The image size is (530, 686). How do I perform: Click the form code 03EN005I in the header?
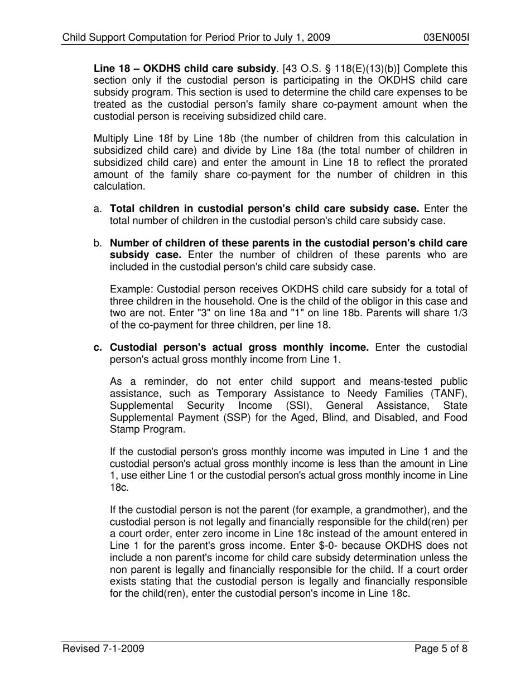446,38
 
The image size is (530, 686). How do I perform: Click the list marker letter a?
97,209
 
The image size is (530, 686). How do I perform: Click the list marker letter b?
97,244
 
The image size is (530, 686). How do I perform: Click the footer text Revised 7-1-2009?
104,649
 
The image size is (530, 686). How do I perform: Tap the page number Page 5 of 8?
441,649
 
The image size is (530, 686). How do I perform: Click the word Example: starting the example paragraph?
131,289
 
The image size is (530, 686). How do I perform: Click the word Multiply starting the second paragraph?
111,139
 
